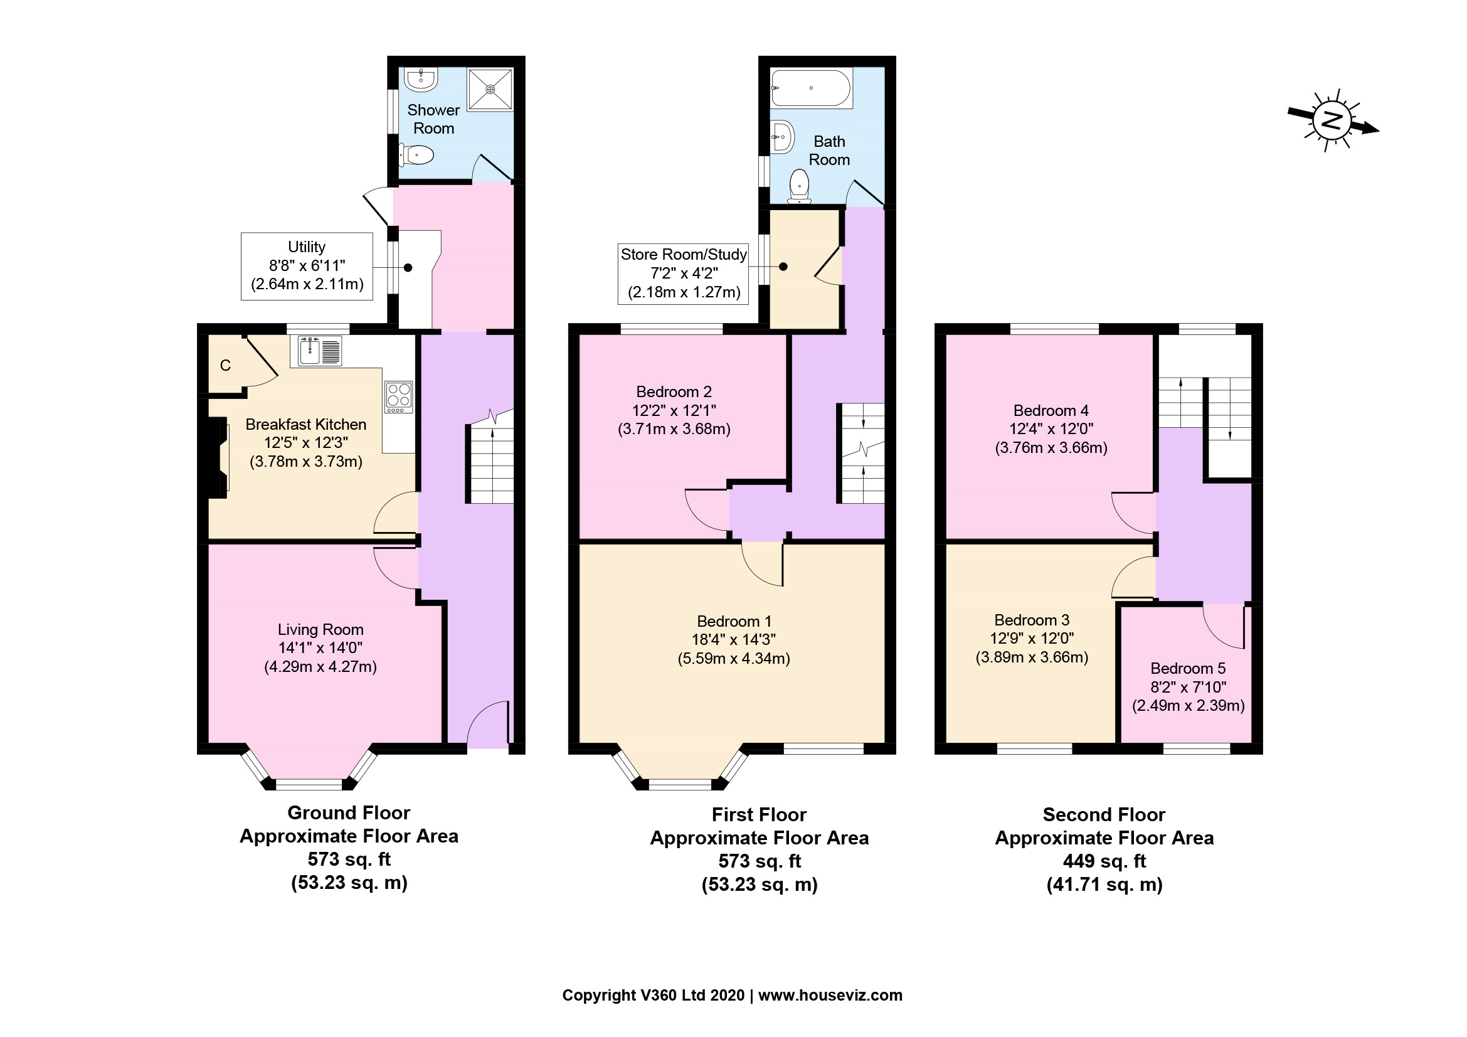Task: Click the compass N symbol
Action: (x=1332, y=120)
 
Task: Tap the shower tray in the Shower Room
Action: (x=490, y=89)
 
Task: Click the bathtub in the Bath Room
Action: (x=811, y=88)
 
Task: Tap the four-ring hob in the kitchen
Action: (x=399, y=396)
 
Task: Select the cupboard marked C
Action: (x=226, y=366)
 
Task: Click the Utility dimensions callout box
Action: (x=307, y=266)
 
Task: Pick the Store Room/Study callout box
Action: (x=683, y=274)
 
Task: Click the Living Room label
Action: (x=320, y=629)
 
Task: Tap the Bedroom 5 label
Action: (x=1188, y=668)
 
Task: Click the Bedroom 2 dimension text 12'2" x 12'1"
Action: (x=674, y=410)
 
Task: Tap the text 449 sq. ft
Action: (x=1104, y=861)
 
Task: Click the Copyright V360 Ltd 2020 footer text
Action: (x=653, y=995)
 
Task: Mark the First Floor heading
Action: (x=759, y=815)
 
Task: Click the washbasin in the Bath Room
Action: (x=782, y=136)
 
